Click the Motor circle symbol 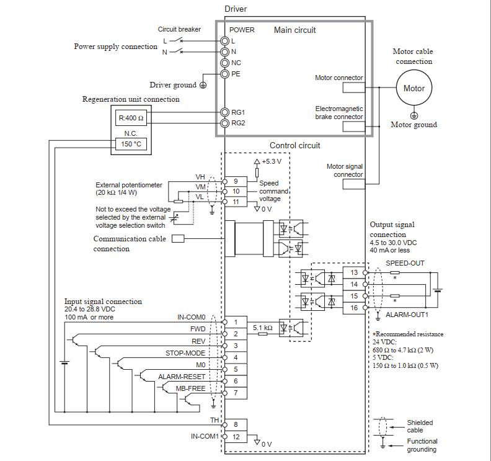[414, 88]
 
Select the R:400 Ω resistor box [131, 118]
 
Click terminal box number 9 [236, 181]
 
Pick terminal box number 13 [354, 273]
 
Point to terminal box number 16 [354, 308]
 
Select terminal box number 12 [236, 436]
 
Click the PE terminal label [236, 73]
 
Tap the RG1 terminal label [238, 112]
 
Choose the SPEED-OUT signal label [405, 263]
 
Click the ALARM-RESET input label [181, 377]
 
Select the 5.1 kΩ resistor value [263, 327]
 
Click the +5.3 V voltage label [271, 161]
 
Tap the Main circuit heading [294, 30]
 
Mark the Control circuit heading [294, 146]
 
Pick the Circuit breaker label [179, 29]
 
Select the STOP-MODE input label [185, 353]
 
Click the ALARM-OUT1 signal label [405, 315]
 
